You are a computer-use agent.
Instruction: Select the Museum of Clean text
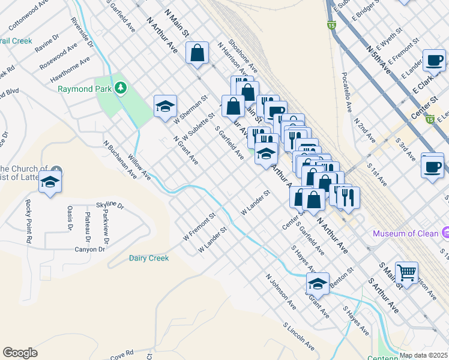coord(406,233)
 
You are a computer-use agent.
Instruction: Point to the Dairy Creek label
coord(149,258)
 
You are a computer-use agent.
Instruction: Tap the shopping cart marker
coord(406,272)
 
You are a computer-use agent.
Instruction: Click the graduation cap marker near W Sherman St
coord(165,107)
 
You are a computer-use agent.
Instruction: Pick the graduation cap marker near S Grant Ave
coord(318,283)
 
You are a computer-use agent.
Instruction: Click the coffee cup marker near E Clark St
coord(433,61)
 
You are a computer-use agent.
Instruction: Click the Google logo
coord(20,353)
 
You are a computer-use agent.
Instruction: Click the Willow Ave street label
coord(139,169)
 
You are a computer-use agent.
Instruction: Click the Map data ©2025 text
coord(423,355)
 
